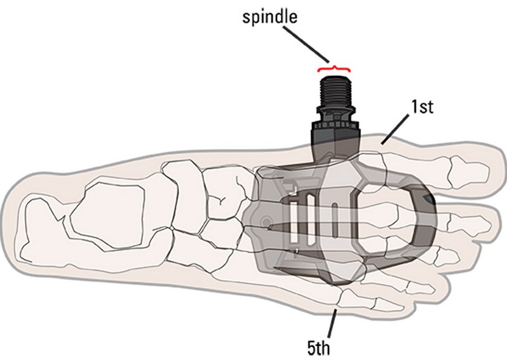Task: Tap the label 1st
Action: click(419, 106)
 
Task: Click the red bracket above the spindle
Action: click(334, 68)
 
